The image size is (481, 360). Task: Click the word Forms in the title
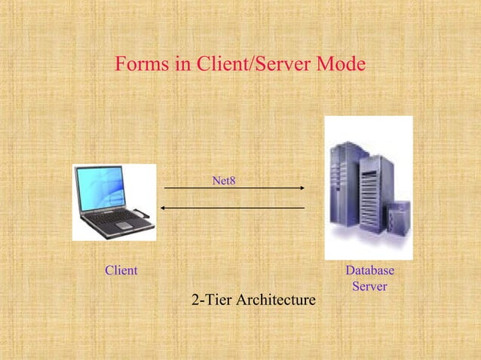(141, 66)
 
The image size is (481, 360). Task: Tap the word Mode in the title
(339, 66)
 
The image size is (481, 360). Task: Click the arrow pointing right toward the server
(234, 188)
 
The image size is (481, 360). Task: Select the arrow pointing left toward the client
(234, 207)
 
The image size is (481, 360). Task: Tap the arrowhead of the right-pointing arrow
(302, 188)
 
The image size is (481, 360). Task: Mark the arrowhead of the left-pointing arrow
(164, 207)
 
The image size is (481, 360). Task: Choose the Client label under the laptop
(121, 270)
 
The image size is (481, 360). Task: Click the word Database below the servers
(369, 270)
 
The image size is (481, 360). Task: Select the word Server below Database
(369, 286)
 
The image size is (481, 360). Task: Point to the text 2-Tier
(212, 301)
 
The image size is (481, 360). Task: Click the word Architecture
(276, 301)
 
